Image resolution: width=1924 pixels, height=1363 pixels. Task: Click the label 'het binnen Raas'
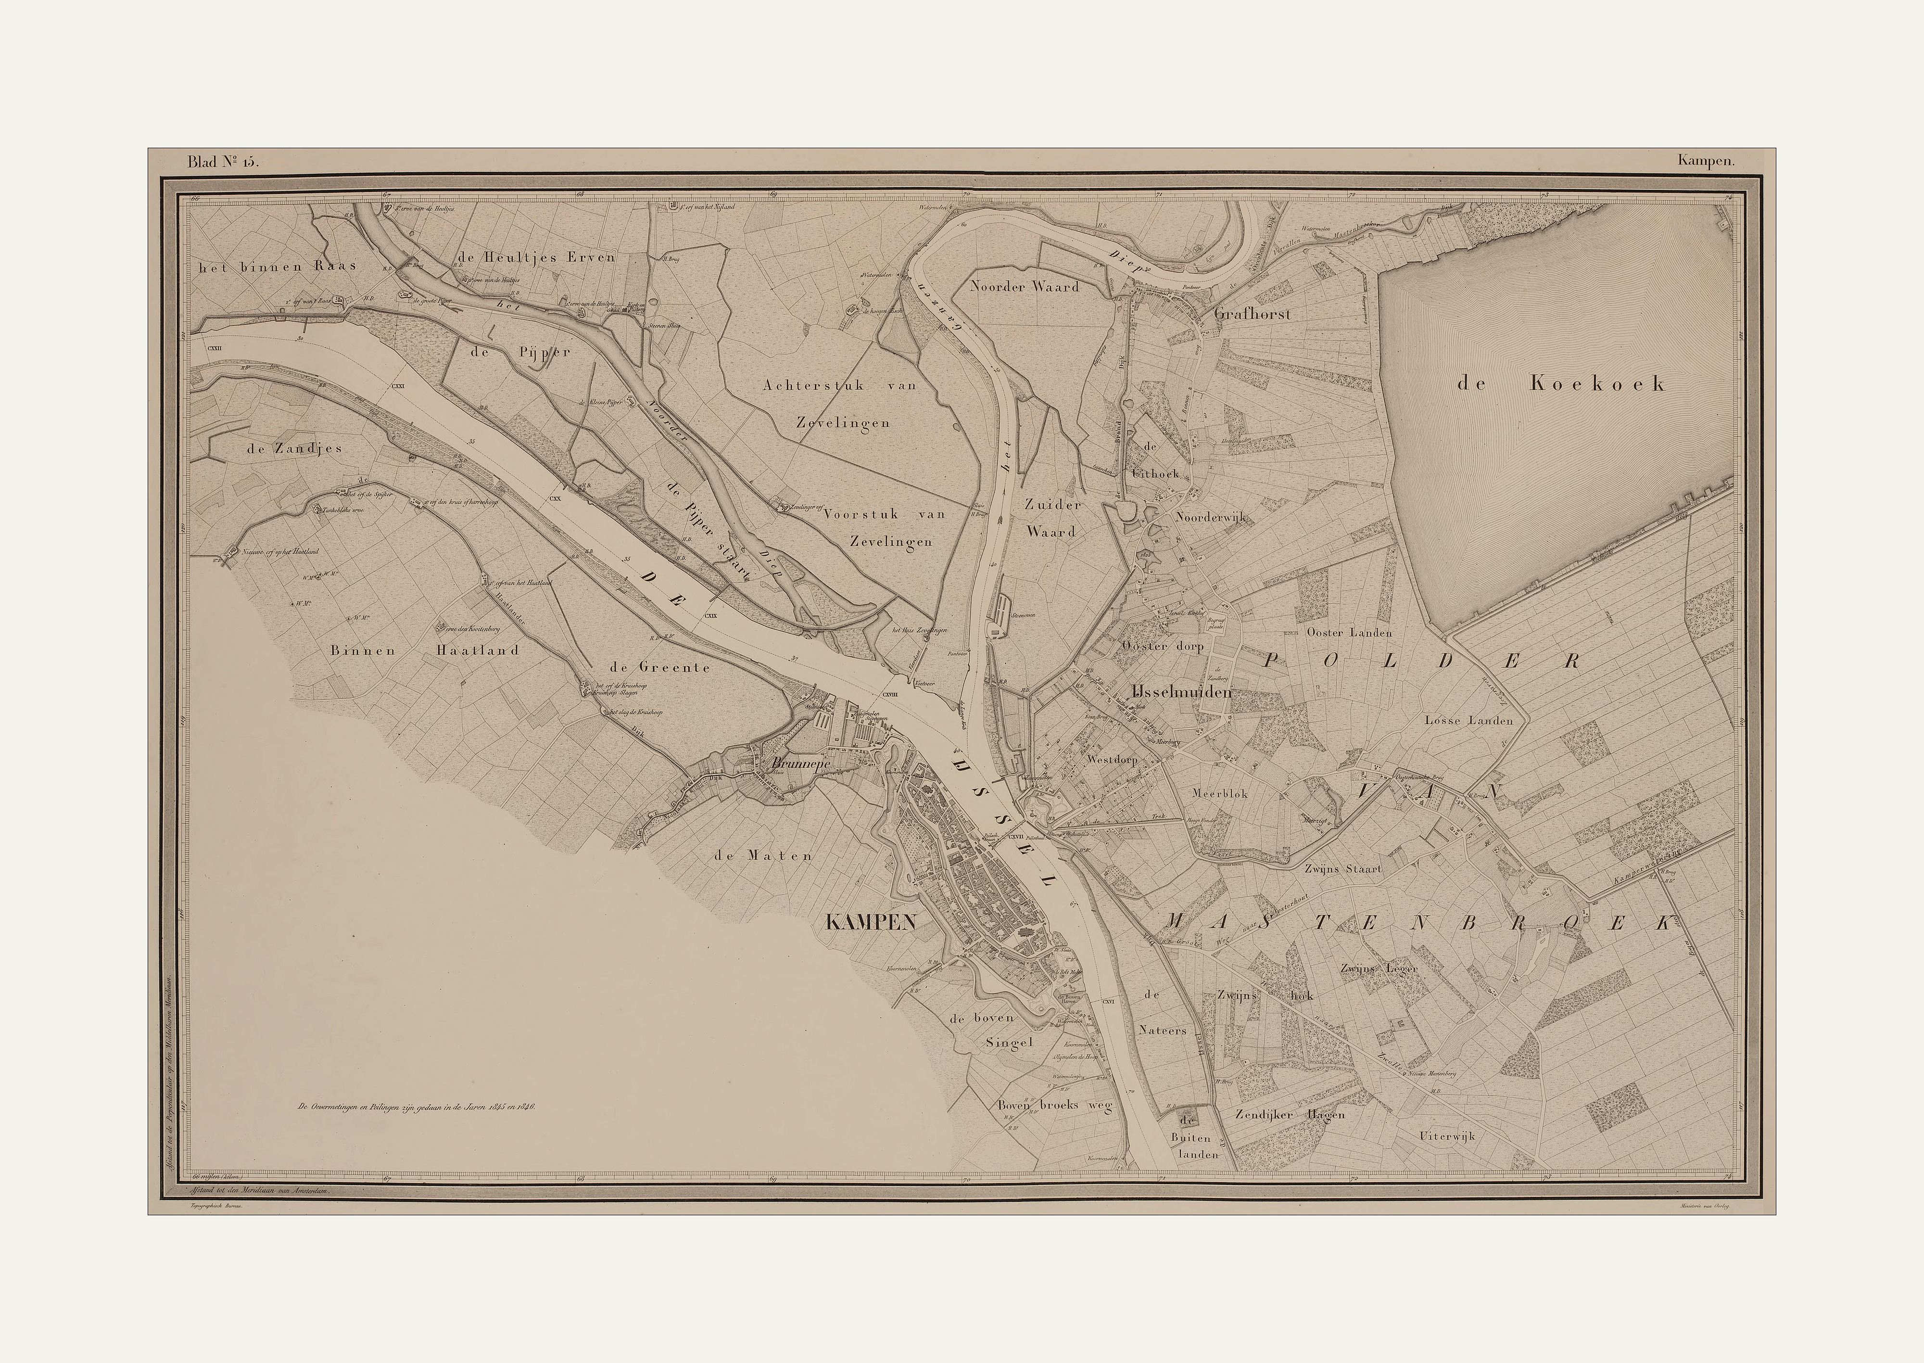coord(277,266)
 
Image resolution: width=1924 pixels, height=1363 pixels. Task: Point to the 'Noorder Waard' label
coord(1025,286)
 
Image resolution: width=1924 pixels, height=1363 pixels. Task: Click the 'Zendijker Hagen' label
coord(1290,1115)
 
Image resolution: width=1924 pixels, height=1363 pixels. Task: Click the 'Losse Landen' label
coord(1468,720)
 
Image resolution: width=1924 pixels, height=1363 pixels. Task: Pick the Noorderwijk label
coord(1213,518)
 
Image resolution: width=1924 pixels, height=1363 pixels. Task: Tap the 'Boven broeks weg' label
coord(1054,1106)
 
